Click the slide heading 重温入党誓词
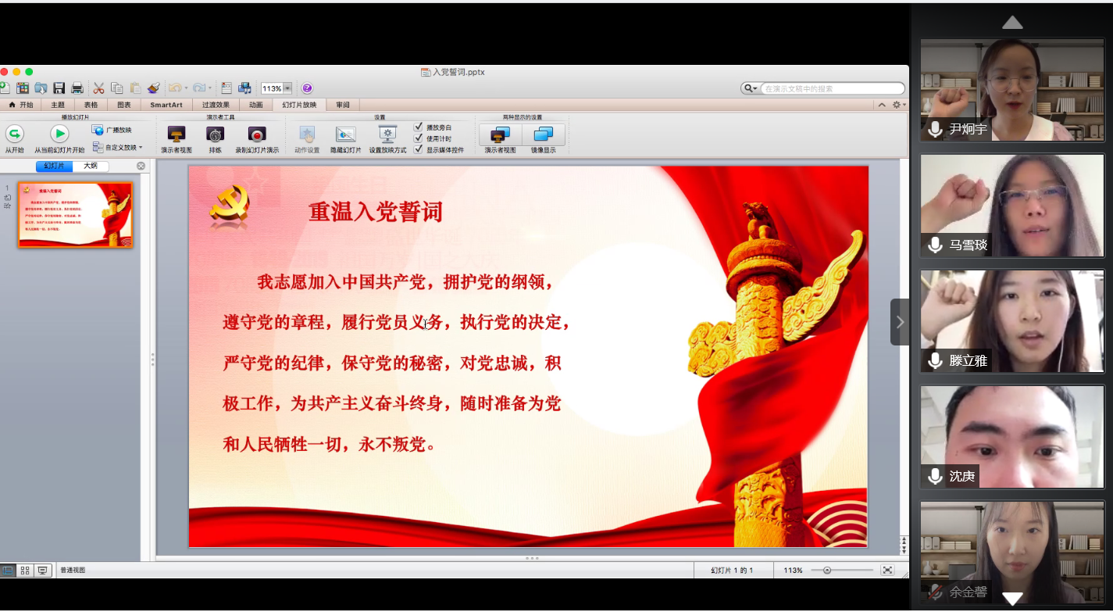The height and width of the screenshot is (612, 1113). click(x=376, y=212)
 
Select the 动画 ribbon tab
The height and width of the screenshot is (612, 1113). click(x=255, y=105)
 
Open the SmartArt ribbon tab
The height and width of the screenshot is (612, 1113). click(x=166, y=105)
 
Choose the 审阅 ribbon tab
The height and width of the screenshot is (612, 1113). click(x=343, y=105)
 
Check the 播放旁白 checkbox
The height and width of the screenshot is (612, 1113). click(x=419, y=127)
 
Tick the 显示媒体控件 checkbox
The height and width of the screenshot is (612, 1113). click(x=419, y=149)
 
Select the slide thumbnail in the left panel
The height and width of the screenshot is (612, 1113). click(x=76, y=215)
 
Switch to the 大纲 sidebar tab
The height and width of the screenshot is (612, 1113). click(x=91, y=166)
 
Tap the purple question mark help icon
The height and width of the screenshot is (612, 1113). click(x=307, y=88)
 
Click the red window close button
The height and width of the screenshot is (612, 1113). click(x=4, y=72)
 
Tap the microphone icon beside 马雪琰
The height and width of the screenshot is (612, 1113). click(x=935, y=245)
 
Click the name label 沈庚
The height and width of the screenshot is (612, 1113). click(x=962, y=476)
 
